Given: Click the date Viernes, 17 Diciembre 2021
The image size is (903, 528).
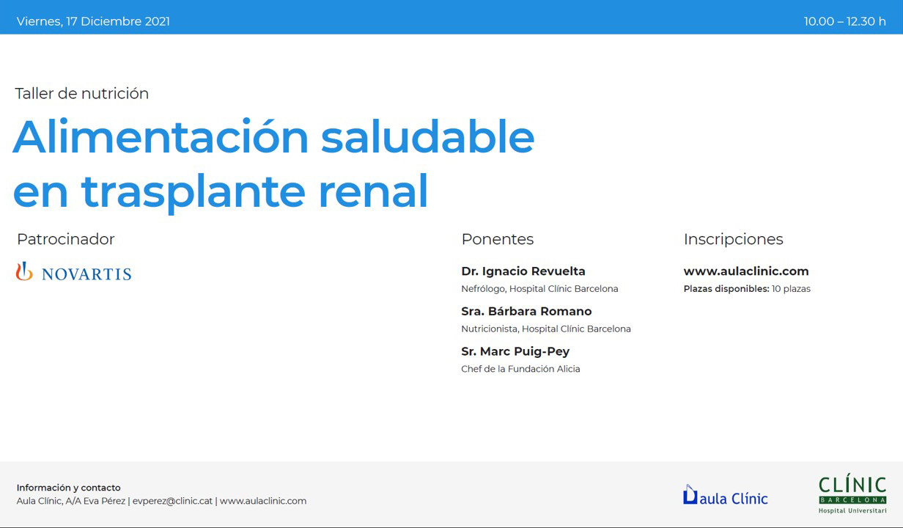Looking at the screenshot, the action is tap(93, 21).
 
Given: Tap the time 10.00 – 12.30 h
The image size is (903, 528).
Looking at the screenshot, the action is tap(844, 21).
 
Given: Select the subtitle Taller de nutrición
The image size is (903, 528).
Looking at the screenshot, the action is tap(82, 94).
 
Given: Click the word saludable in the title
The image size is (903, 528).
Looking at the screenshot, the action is tap(427, 137).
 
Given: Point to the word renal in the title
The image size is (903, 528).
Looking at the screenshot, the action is tap(373, 191).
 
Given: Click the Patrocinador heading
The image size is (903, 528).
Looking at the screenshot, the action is tap(66, 239).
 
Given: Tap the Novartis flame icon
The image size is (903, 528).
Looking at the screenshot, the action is tap(24, 271).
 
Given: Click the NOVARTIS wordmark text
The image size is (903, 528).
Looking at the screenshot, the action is tap(86, 274).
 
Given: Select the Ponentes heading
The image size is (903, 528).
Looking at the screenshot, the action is tap(498, 239).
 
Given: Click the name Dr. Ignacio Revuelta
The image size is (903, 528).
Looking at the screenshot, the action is tap(523, 271).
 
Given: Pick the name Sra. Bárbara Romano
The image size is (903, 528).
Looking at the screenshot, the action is tap(526, 312).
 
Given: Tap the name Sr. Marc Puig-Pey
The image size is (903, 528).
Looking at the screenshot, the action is tap(515, 352).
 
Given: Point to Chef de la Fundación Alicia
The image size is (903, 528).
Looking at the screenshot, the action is tap(520, 369).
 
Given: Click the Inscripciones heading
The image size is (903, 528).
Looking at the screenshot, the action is tap(733, 239).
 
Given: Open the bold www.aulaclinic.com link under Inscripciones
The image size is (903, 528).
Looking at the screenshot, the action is tap(746, 271).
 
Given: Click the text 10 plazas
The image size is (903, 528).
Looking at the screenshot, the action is tap(791, 289).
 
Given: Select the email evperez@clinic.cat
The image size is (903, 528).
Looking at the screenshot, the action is tap(172, 501).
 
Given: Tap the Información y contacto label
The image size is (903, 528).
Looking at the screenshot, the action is tap(69, 488).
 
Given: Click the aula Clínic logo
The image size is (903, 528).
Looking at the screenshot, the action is tap(725, 495).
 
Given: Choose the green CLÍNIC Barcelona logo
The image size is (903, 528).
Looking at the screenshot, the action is tap(852, 494).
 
